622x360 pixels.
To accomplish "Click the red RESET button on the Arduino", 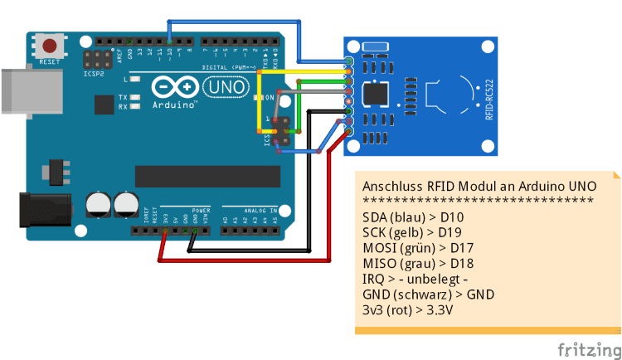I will (51, 46).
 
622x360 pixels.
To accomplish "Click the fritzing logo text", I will (587, 347).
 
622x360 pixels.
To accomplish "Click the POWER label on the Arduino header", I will (202, 211).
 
